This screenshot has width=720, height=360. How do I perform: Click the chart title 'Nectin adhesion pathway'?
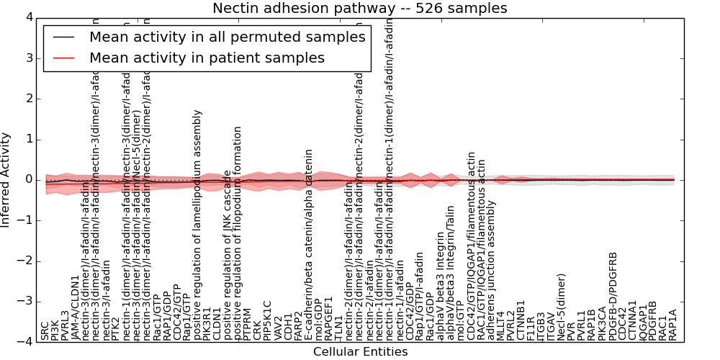(359, 9)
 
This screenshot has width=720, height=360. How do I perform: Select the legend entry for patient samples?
(207, 58)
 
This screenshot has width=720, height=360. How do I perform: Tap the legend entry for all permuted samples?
(227, 37)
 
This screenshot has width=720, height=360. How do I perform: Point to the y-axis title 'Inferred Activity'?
(6, 179)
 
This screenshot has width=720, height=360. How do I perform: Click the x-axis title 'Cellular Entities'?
(360, 352)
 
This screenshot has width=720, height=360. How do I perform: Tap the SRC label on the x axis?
(45, 330)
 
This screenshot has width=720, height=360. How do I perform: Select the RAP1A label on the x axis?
(673, 325)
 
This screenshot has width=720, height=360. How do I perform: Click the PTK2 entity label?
(117, 327)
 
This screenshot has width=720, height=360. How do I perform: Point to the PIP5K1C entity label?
(267, 320)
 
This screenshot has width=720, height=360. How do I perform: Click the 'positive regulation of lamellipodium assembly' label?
(198, 225)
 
